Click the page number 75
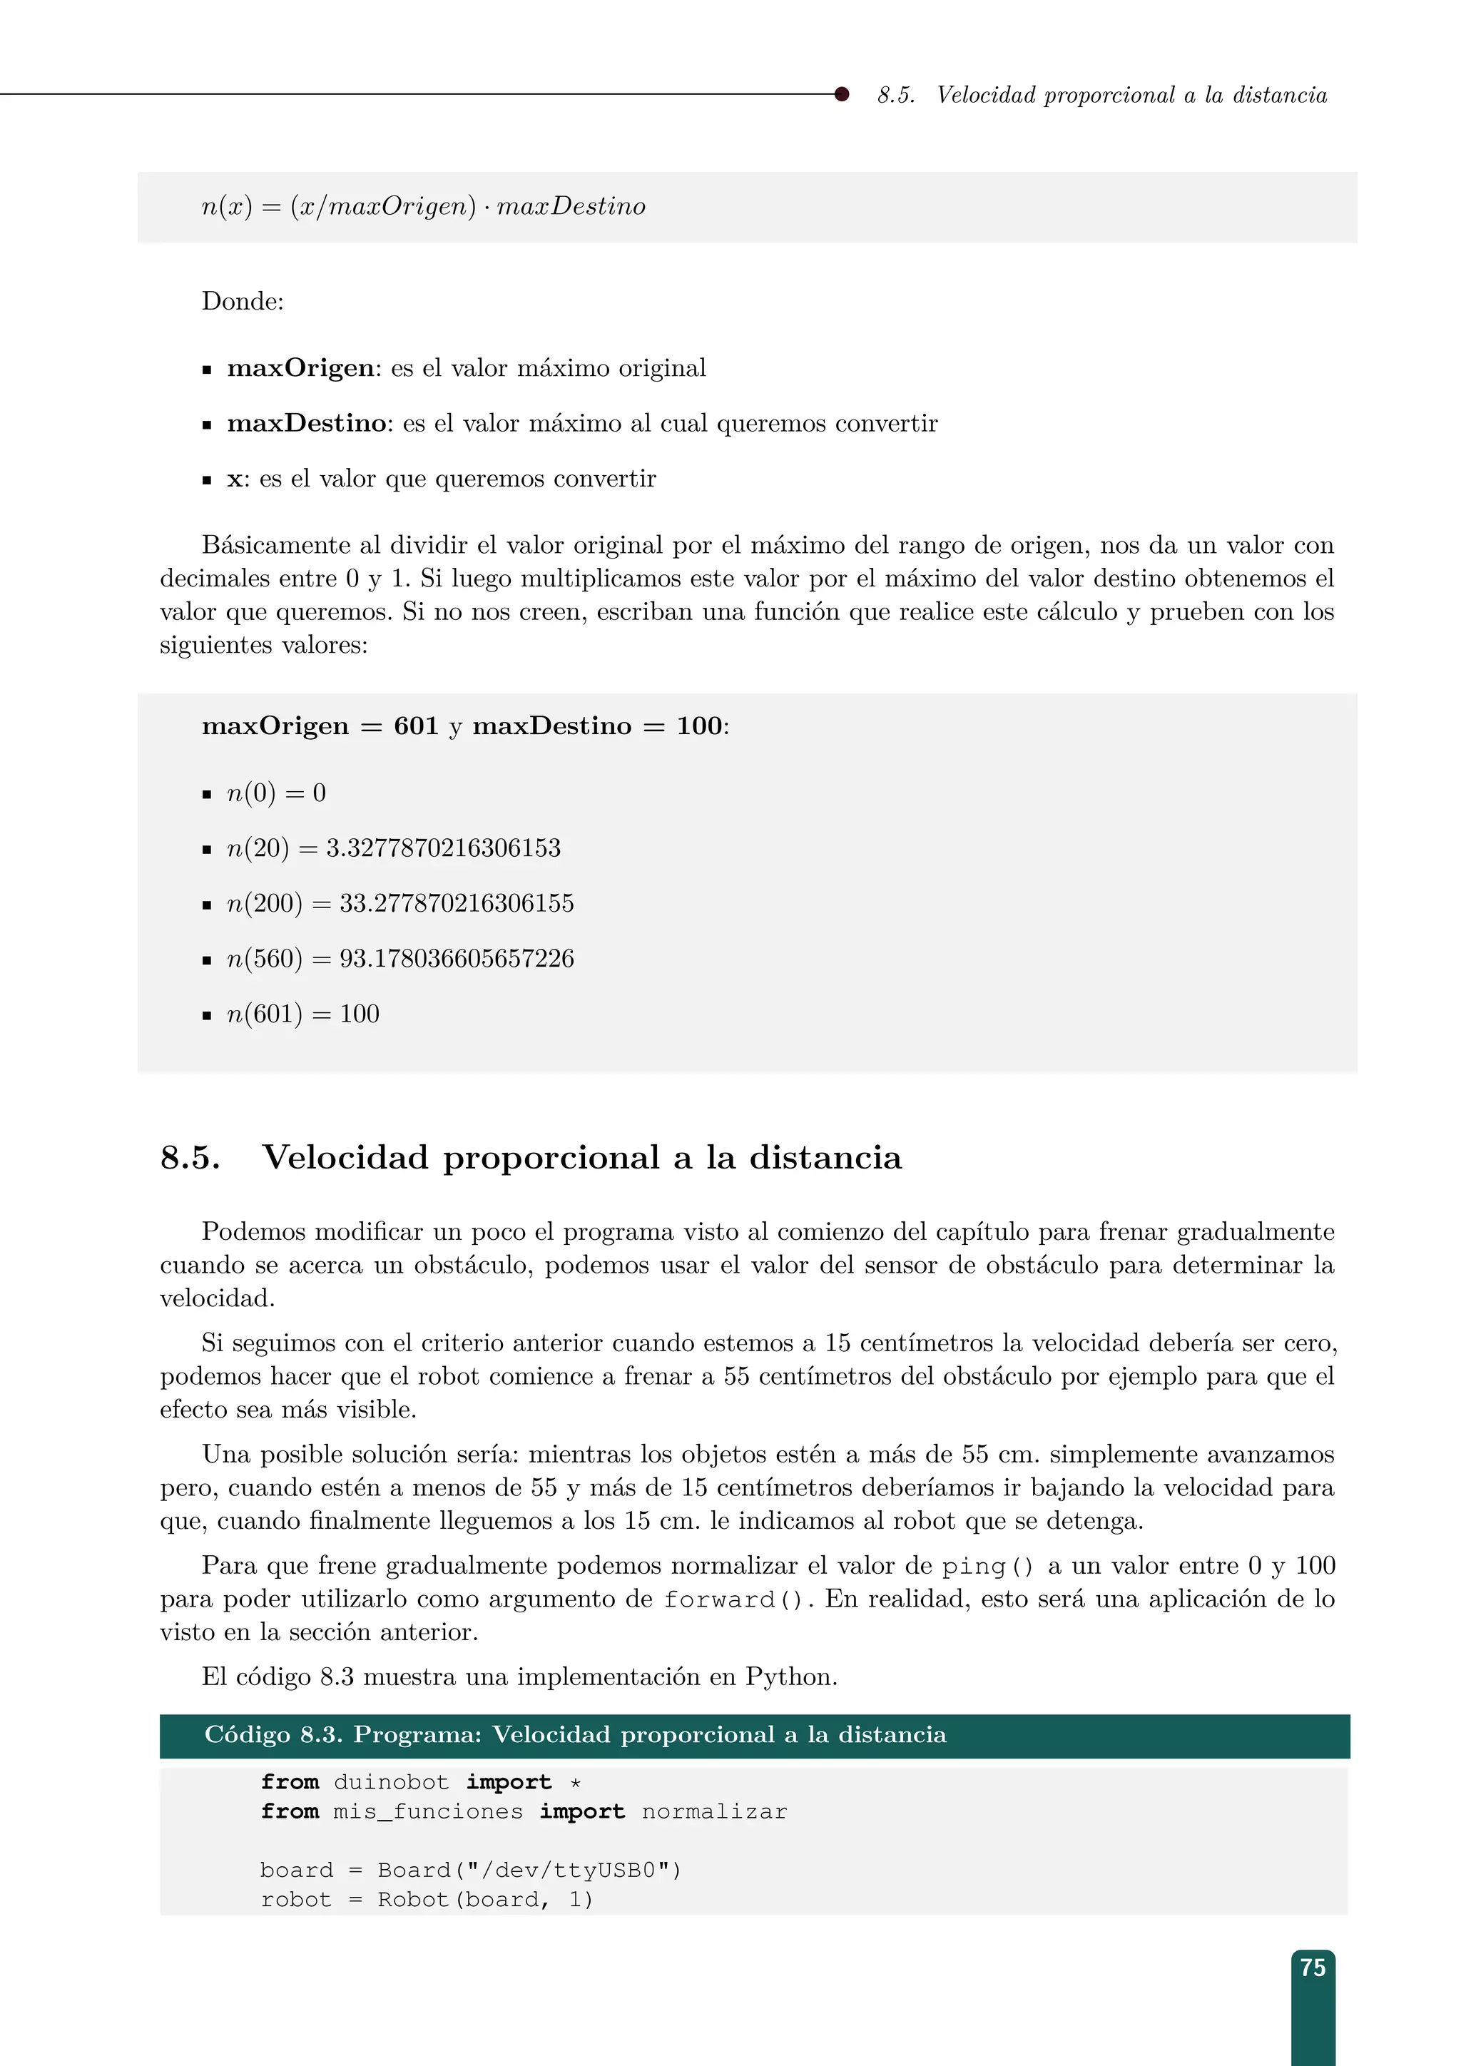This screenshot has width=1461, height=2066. click(1313, 1968)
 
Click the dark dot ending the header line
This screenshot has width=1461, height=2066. click(841, 93)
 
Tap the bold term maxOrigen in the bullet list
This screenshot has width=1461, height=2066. click(300, 368)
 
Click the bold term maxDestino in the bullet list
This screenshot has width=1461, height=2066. click(307, 423)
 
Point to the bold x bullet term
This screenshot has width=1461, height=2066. click(234, 479)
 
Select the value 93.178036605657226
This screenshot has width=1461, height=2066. click(456, 958)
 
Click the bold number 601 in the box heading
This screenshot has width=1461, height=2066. click(416, 726)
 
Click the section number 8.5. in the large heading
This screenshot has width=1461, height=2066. click(190, 1157)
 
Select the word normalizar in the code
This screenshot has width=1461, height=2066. click(714, 1811)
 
